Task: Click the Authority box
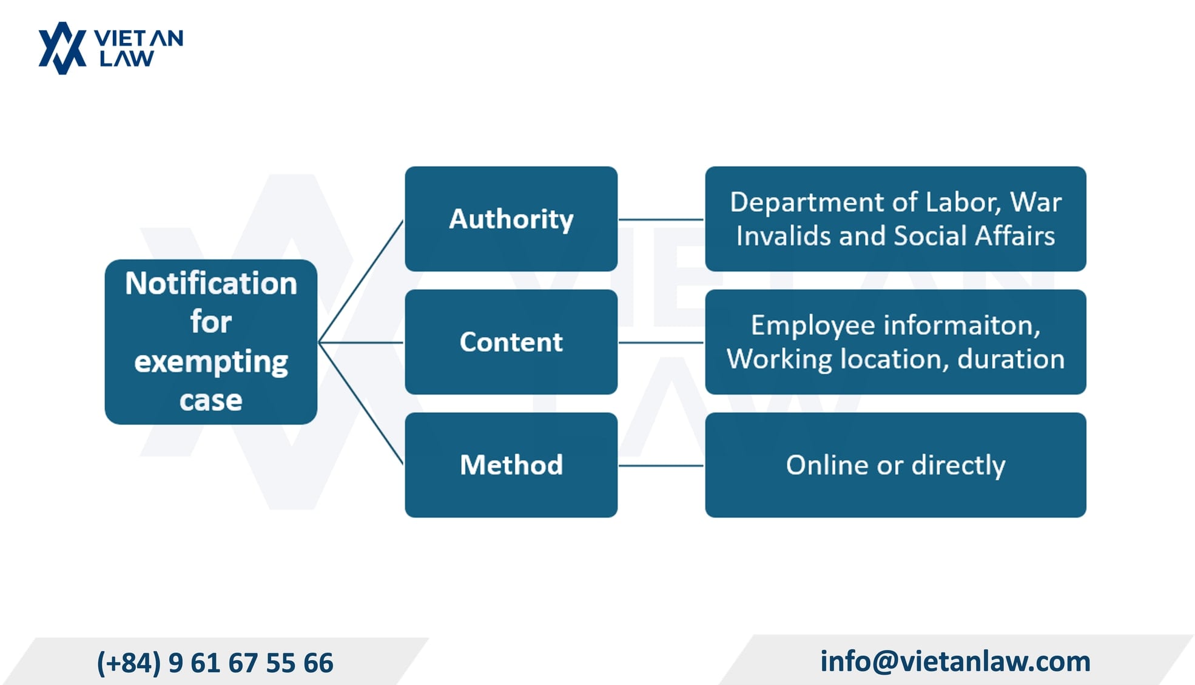tap(511, 219)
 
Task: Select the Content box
tap(511, 342)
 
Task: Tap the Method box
tap(511, 465)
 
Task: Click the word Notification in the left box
tap(211, 283)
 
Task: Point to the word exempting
tap(211, 362)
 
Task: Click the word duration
tap(1011, 359)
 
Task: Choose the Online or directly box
tap(895, 465)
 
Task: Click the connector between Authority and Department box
tap(661, 219)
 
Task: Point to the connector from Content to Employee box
tap(661, 343)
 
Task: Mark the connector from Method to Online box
tap(661, 466)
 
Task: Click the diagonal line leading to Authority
tap(361, 281)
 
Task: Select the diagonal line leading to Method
tap(361, 404)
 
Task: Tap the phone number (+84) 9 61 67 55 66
tap(215, 663)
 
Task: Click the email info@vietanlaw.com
tap(955, 661)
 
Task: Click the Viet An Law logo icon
tap(62, 48)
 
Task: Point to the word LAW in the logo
tap(127, 59)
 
